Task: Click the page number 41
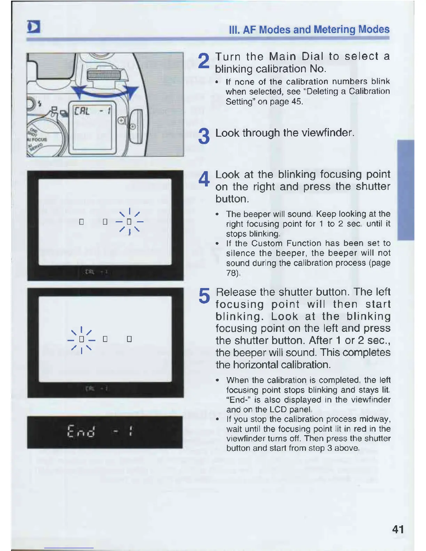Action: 398,529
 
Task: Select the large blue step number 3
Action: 204,136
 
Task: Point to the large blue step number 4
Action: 204,179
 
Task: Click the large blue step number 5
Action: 204,296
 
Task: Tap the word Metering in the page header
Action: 334,30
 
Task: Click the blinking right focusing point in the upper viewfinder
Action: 129,222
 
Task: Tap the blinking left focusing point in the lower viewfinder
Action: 81,339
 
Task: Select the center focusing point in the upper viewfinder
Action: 105,222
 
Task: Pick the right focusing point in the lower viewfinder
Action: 129,339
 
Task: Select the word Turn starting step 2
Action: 228,56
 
